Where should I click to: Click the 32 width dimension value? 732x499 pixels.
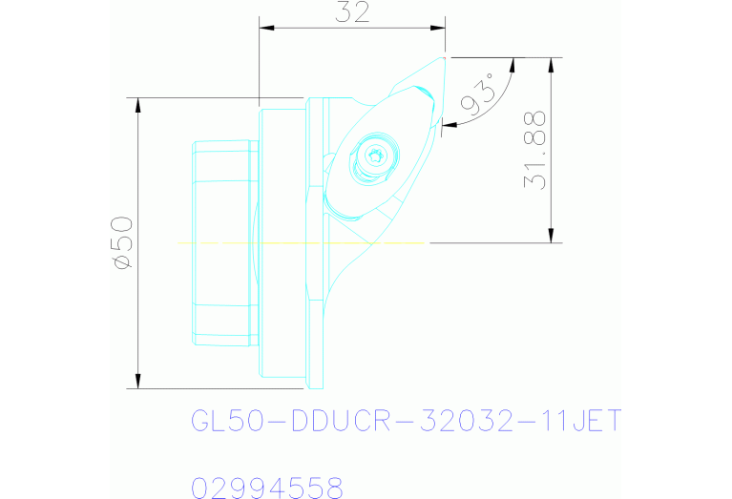[353, 12]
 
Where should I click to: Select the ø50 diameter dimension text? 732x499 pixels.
[121, 242]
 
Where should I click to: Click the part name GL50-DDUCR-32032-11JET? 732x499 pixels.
[407, 421]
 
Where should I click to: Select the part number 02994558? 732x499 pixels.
[267, 489]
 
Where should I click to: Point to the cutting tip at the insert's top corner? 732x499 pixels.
[445, 58]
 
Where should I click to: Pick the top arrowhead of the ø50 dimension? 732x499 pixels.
[139, 104]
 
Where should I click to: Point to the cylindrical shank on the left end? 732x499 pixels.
[225, 243]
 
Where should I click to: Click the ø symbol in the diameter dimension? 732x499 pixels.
[121, 261]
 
